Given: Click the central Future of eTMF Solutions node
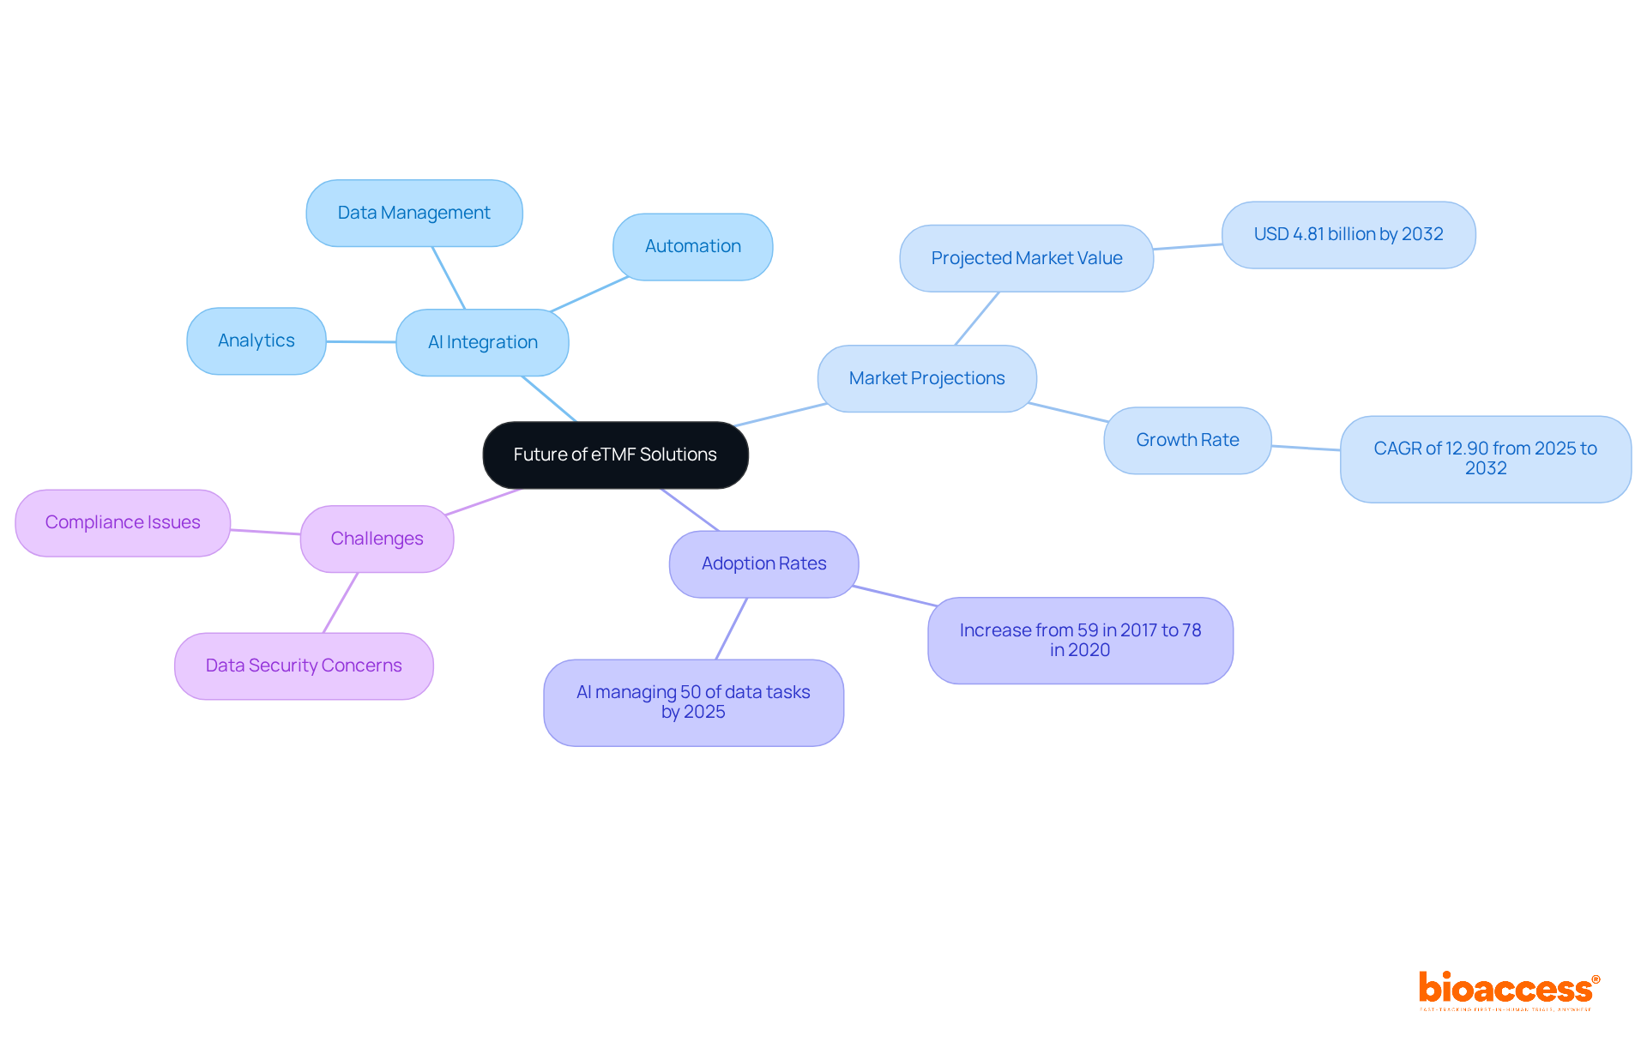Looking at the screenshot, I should coord(615,455).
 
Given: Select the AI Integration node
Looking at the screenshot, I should coord(482,342).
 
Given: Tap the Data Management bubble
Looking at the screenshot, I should coord(413,213).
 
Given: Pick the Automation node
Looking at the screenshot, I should coord(692,246).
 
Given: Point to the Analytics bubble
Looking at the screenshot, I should coord(256,340).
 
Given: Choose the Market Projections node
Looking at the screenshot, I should coord(926,378).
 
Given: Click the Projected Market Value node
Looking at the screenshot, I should coord(1026,258).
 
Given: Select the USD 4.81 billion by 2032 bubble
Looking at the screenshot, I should coord(1348,234).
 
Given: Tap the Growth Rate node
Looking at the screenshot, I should coord(1187,440).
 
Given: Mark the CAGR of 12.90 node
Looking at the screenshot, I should coord(1485,459).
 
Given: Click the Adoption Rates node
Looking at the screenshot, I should coord(763,563).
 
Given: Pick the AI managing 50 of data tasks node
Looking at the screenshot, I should coord(693,702).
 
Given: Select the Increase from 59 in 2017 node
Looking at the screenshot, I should coord(1080,640).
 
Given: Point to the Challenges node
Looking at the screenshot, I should coord(377,539).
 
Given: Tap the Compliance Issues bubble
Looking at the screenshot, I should coord(123,522).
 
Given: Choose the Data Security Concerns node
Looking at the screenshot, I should coord(304,666).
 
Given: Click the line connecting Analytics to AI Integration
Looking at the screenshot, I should coord(360,341).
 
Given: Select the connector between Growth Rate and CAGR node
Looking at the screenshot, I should coord(1306,448).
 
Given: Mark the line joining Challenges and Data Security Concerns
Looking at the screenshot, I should coord(341,603).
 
